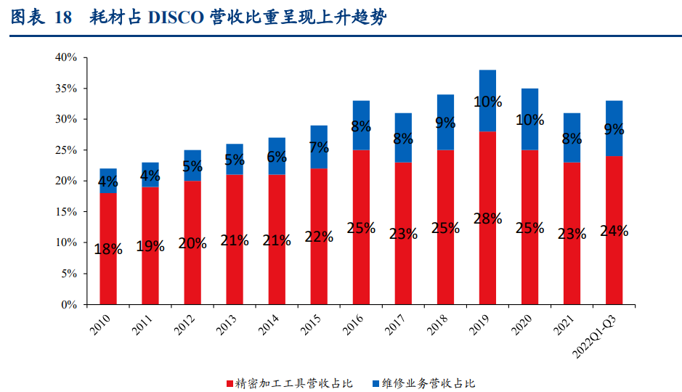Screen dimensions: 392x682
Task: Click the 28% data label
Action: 487,219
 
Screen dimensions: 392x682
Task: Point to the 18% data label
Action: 108,248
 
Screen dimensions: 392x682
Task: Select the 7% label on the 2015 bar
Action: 319,148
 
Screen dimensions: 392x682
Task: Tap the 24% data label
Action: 614,231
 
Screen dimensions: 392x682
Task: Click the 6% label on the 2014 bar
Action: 277,157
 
